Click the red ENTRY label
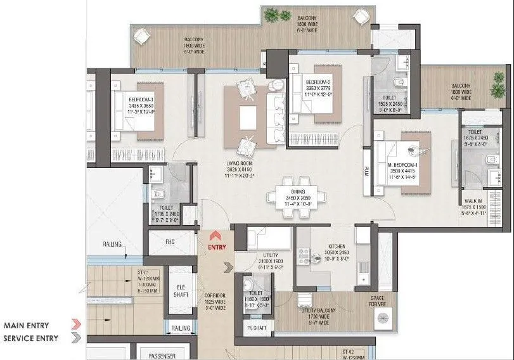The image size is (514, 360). point(217,246)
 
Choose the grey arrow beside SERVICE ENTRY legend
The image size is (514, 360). point(77,338)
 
